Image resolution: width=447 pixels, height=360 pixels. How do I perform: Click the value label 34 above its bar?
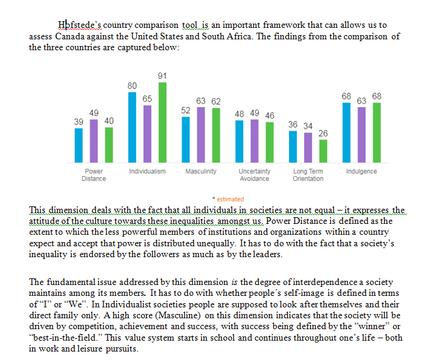308,126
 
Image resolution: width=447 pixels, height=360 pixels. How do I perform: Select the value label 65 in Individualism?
147,98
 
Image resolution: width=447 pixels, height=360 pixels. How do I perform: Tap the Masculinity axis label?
201,172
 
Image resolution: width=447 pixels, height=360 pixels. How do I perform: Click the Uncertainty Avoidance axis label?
254,175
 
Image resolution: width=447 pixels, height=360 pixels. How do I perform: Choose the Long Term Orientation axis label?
308,175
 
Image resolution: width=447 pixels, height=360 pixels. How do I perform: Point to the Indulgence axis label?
361,172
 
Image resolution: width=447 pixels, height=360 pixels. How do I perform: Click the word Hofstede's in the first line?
81,25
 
